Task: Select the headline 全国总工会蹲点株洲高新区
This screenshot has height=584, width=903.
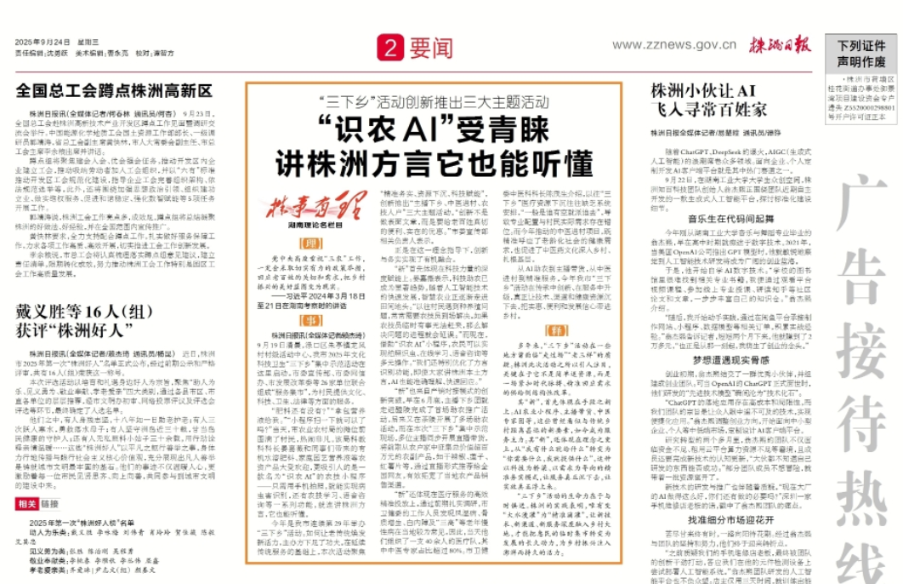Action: point(114,90)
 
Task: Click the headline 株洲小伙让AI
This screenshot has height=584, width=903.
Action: point(703,90)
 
